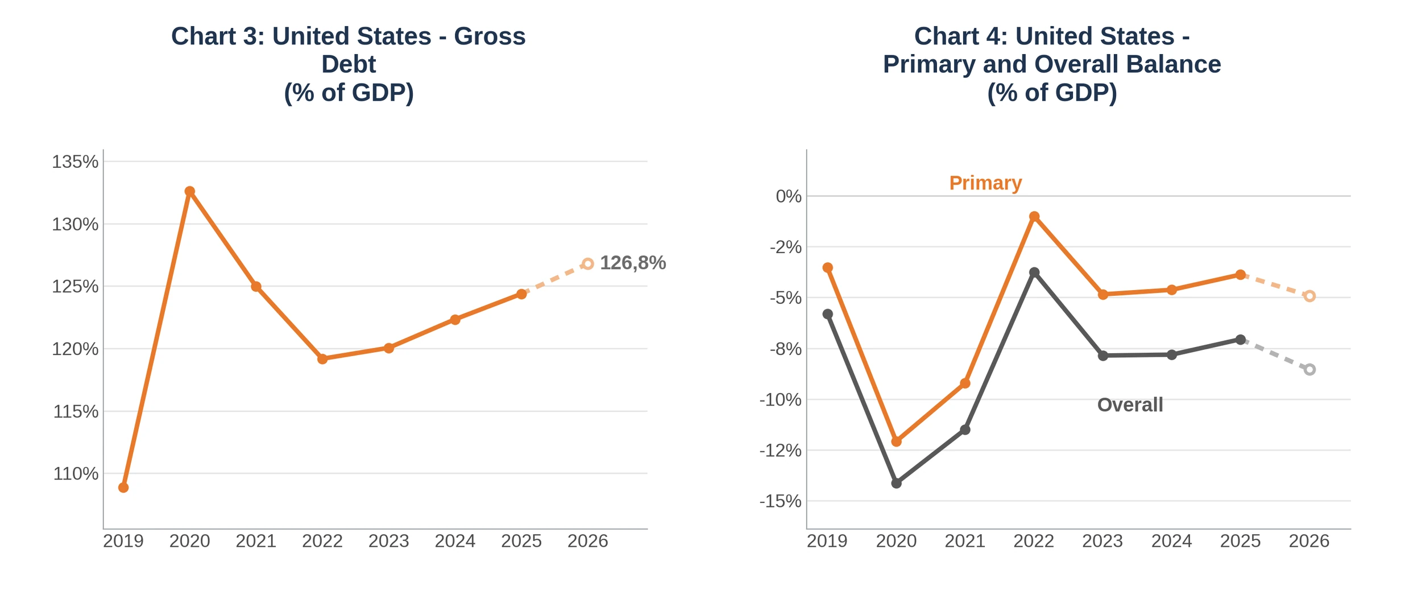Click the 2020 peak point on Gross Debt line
tap(190, 192)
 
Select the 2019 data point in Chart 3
tap(123, 488)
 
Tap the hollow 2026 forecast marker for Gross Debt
tap(588, 264)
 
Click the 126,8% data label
tap(633, 263)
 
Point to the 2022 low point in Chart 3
tap(322, 359)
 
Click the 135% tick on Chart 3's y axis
tap(75, 162)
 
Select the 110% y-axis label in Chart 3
tap(76, 473)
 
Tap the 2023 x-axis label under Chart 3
tap(389, 541)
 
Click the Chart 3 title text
tap(349, 64)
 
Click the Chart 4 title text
tap(1052, 64)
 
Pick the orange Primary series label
tap(985, 183)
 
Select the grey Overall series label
tap(1130, 405)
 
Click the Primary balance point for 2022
tap(1034, 217)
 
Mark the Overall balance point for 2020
tap(897, 484)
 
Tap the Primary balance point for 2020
tap(897, 441)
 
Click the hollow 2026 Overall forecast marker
tap(1309, 370)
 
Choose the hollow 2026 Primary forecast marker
tap(1309, 296)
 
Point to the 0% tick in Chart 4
tap(789, 196)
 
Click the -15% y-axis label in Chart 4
tap(780, 501)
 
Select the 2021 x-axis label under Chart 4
tap(965, 541)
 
